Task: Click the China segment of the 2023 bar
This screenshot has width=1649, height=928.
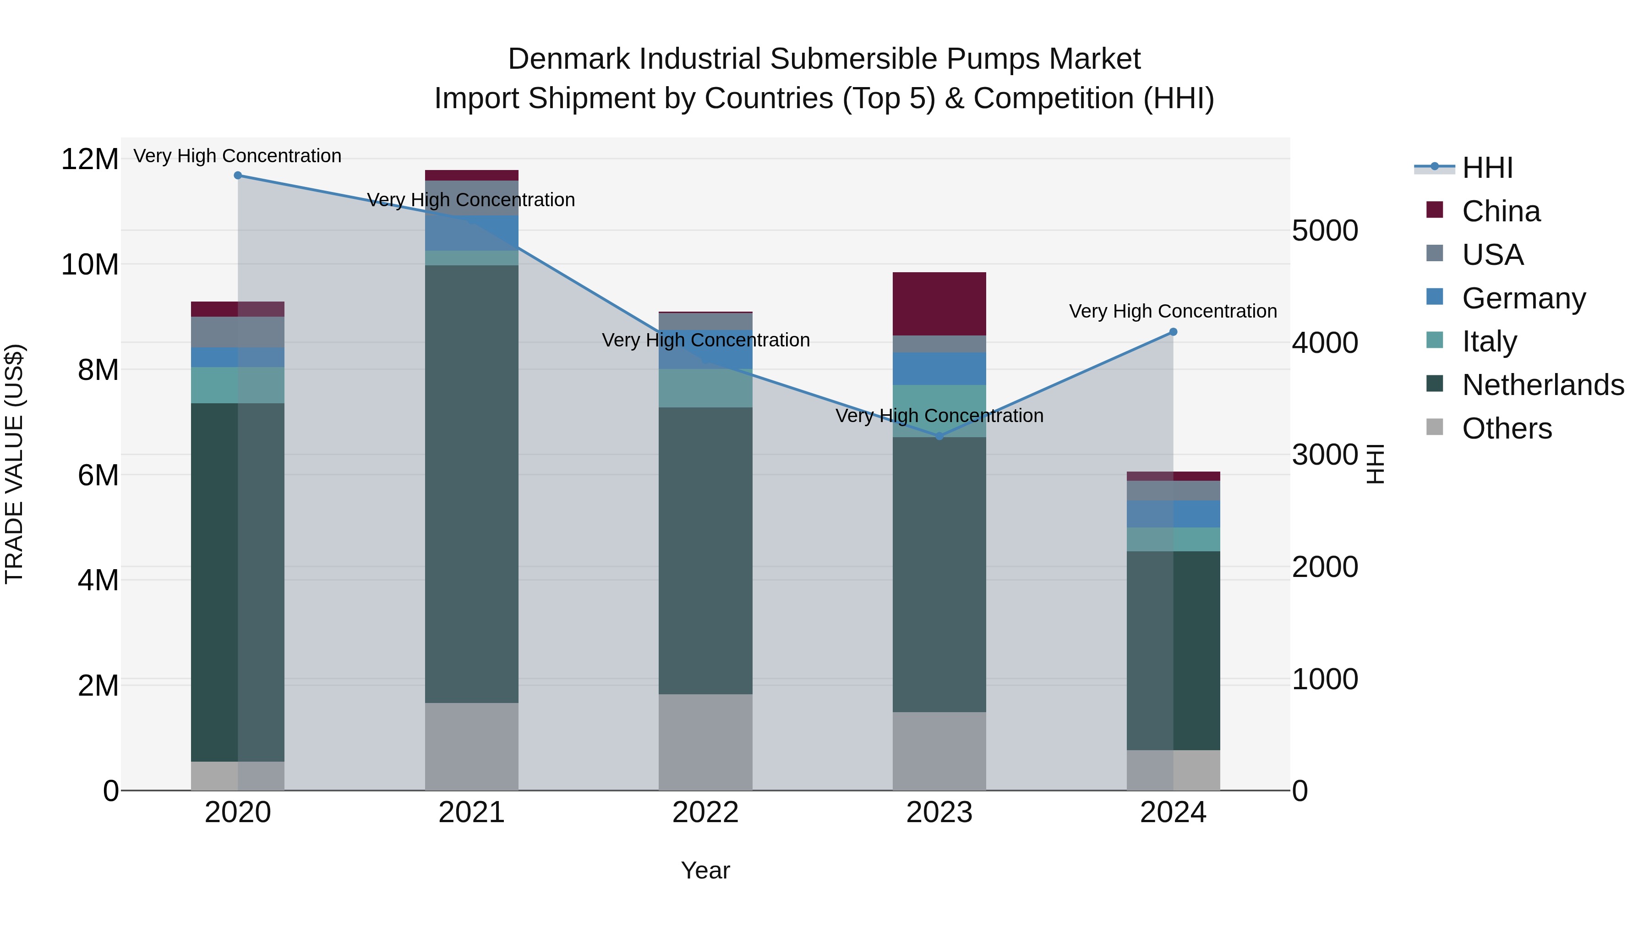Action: pyautogui.click(x=939, y=303)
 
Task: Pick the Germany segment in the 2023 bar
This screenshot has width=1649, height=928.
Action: pyautogui.click(x=939, y=368)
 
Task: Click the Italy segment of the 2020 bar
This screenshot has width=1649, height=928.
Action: pyautogui.click(x=237, y=385)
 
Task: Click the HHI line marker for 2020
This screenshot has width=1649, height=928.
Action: pyautogui.click(x=237, y=175)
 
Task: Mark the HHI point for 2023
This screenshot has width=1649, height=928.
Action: pyautogui.click(x=939, y=436)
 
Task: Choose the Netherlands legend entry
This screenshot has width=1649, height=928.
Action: pyautogui.click(x=1543, y=385)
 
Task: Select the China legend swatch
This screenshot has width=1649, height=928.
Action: pyautogui.click(x=1435, y=210)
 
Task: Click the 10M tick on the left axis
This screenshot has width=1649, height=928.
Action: pyautogui.click(x=90, y=264)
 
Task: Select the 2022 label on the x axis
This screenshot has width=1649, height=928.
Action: pyautogui.click(x=705, y=813)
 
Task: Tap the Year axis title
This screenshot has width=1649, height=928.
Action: pyautogui.click(x=705, y=870)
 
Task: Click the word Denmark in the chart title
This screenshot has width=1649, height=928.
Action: pyautogui.click(x=570, y=59)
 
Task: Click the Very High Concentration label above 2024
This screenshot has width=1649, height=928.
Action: pyautogui.click(x=1173, y=311)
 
